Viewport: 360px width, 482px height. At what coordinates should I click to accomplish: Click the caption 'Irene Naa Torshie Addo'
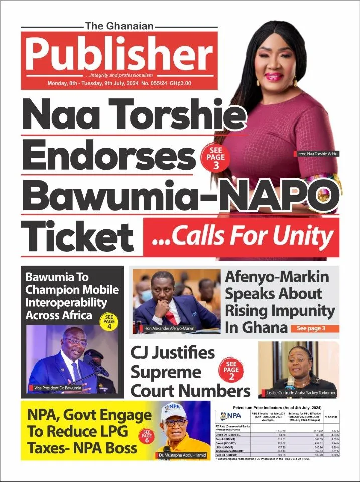315,153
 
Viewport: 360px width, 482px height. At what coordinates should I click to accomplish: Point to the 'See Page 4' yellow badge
109,321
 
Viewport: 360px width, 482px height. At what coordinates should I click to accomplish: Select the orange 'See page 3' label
315,328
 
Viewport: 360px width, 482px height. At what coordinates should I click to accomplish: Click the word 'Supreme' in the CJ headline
166,372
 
